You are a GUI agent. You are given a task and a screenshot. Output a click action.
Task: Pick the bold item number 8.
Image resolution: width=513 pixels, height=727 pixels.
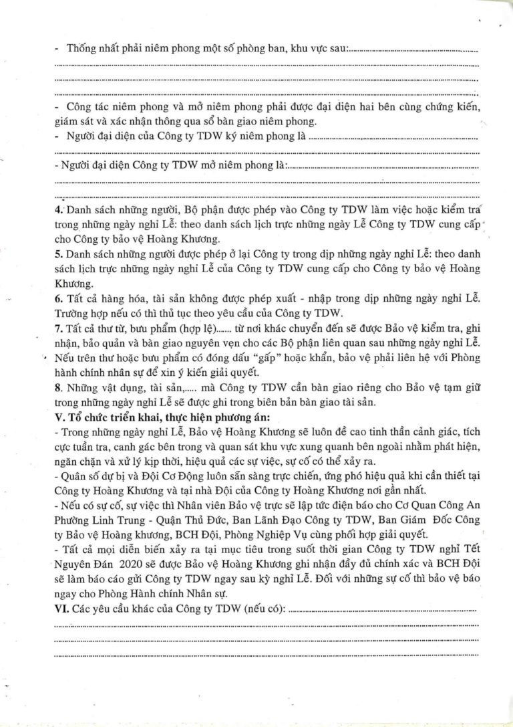point(56,388)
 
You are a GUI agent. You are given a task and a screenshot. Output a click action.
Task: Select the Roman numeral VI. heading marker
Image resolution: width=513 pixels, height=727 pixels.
point(60,609)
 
